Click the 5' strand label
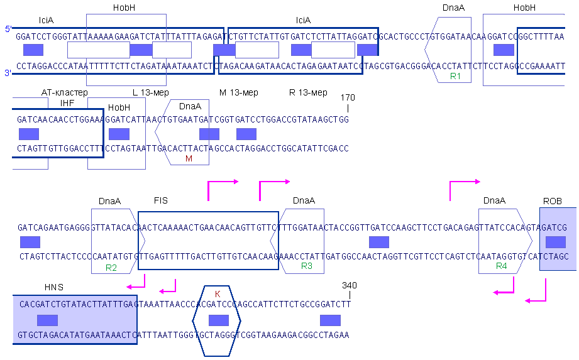[8, 29]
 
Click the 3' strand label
[8, 74]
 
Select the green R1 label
[456, 77]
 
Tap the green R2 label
[111, 268]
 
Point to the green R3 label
[307, 266]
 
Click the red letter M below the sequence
[189, 159]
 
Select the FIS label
[160, 201]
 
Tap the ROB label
[552, 201]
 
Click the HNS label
[54, 287]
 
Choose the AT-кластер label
[65, 92]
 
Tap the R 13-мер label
[308, 92]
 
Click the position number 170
[348, 97]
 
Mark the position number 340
[350, 285]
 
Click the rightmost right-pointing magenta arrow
[465, 182]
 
